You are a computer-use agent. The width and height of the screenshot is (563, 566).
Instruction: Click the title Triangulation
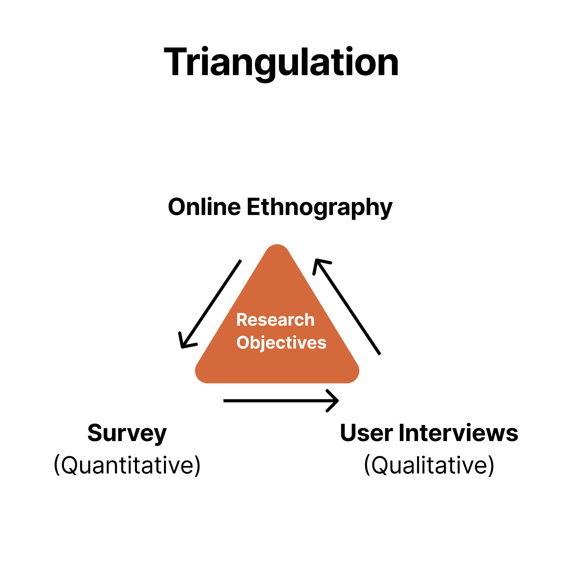pyautogui.click(x=281, y=62)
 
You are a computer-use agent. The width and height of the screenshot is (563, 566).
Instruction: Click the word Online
pyautogui.click(x=204, y=207)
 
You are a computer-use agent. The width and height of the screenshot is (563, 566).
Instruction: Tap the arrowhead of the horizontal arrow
pyautogui.click(x=335, y=401)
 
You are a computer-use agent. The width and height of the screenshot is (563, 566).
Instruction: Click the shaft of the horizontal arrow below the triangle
pyautogui.click(x=275, y=401)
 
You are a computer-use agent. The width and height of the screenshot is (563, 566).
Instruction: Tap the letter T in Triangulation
pyautogui.click(x=176, y=62)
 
